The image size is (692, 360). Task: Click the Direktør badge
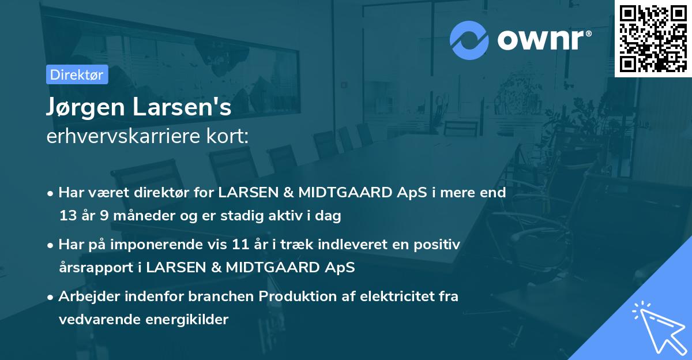click(x=77, y=74)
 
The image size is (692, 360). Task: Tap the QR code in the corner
click(x=653, y=38)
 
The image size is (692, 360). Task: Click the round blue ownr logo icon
click(x=469, y=40)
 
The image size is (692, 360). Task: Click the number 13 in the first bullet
click(x=67, y=216)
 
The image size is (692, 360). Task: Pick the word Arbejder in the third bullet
click(x=84, y=297)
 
